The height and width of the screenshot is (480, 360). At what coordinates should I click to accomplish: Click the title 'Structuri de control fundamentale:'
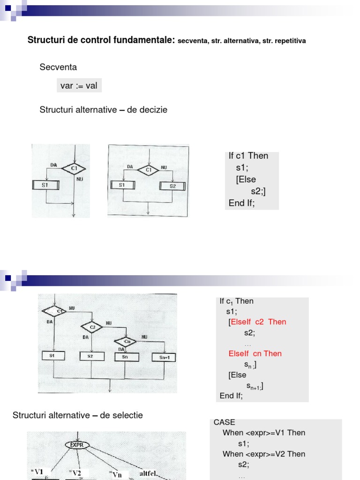(101, 40)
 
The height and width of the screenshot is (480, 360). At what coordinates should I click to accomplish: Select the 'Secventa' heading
(58, 67)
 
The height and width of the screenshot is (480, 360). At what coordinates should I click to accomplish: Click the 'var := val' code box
(79, 85)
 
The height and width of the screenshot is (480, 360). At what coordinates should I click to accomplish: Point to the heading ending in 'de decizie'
(103, 110)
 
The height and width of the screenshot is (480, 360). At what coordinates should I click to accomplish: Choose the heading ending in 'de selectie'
(77, 415)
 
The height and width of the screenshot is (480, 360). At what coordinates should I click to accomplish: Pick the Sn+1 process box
(164, 358)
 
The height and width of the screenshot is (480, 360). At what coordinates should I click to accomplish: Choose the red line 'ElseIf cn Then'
(255, 353)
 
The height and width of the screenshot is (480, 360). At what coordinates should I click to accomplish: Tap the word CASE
(225, 422)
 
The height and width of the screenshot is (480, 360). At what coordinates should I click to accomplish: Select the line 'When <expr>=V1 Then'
(264, 433)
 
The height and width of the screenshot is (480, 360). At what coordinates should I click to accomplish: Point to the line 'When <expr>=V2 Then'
(264, 454)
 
